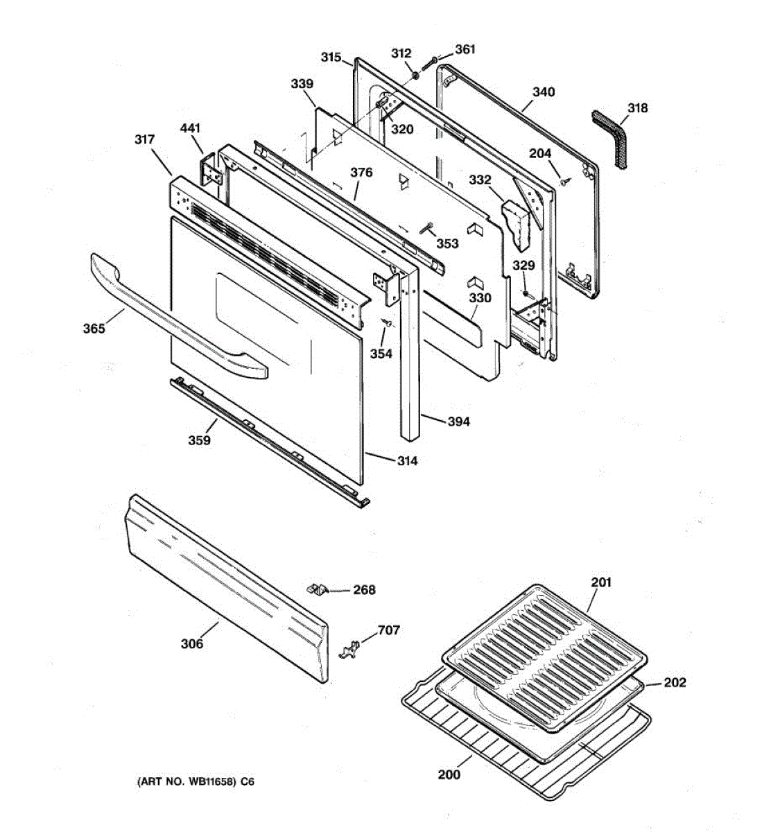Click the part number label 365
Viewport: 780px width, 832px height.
[x=94, y=328]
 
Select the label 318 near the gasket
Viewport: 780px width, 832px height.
[x=637, y=108]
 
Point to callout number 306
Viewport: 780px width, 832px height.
[x=192, y=643]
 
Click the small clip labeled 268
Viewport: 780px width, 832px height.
[x=316, y=589]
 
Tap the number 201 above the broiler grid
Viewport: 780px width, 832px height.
[x=601, y=582]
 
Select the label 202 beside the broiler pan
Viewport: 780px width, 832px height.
[x=674, y=682]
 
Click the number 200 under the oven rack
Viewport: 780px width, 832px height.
[x=449, y=774]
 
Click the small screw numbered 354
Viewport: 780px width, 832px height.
[x=389, y=323]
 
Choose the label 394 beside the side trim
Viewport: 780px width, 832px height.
[x=458, y=421]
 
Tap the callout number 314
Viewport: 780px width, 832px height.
[x=408, y=460]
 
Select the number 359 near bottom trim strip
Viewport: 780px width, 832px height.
[x=199, y=440]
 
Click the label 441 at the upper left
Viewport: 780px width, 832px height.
[x=190, y=128]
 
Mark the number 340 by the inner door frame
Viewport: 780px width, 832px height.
[x=544, y=92]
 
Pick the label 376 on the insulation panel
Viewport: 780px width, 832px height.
[x=361, y=173]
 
